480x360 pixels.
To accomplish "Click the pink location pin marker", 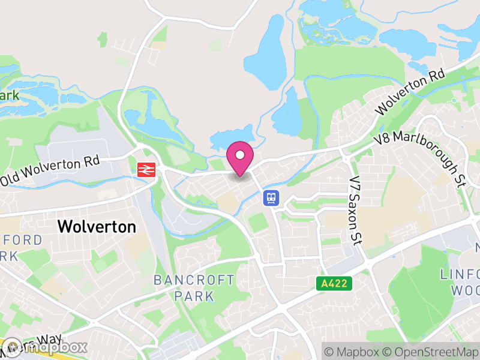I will [240, 156].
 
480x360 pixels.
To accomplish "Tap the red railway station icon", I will [145, 170].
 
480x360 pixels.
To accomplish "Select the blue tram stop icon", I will [271, 197].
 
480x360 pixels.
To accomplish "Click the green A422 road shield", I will [334, 283].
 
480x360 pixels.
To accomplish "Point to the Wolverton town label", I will [97, 227].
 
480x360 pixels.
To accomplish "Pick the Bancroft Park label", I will [194, 288].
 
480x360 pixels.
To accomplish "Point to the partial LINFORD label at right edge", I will [460, 274].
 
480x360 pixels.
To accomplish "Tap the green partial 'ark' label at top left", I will [10, 95].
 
